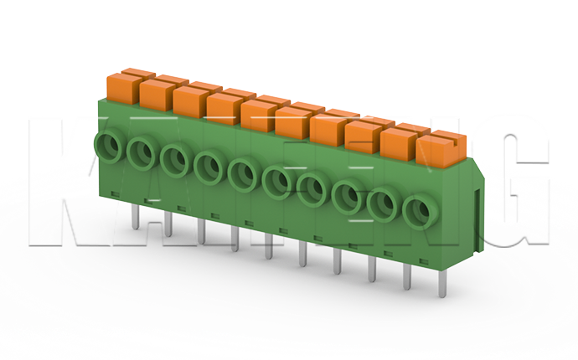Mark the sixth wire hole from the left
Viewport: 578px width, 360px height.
click(x=276, y=180)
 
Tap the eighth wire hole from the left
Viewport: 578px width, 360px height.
click(x=346, y=195)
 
